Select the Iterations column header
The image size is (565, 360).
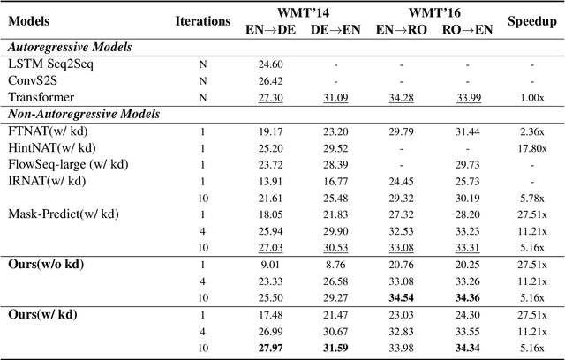[203, 19]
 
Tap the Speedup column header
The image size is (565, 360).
[531, 19]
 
